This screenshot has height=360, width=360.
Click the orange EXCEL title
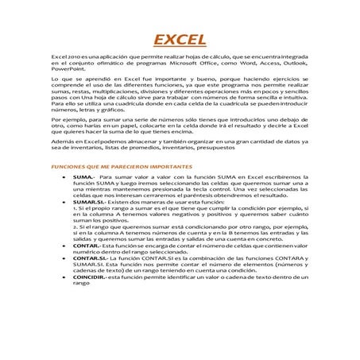pos(180,41)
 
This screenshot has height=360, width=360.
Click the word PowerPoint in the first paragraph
pos(64,72)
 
